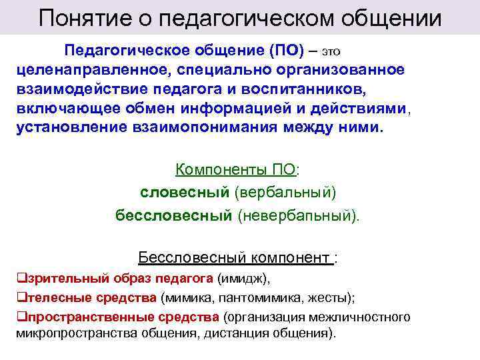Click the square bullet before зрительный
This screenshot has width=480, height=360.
20,278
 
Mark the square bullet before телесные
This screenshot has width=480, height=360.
20,297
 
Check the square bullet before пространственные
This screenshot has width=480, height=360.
20,317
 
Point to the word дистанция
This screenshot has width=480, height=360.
249,333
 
